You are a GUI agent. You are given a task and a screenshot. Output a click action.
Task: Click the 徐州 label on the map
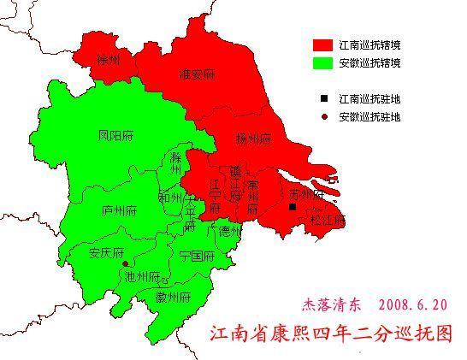[x=108, y=59]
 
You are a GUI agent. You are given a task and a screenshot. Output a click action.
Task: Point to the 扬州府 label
[x=254, y=138]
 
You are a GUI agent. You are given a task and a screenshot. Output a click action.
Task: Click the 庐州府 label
[x=118, y=210]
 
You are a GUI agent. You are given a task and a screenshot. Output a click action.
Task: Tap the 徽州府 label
[x=172, y=297]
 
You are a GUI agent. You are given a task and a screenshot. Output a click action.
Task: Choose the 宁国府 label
[x=196, y=256]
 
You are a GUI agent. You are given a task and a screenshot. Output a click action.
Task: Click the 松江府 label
[x=328, y=220]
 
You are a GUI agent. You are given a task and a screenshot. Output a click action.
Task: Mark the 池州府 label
[x=142, y=276]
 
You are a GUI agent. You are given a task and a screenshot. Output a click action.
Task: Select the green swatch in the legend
[x=322, y=63]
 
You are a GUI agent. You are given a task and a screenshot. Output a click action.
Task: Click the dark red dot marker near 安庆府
[x=126, y=263]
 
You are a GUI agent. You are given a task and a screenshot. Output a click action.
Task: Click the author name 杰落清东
[x=330, y=304]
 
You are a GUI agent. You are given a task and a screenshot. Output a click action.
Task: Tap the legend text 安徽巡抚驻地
[x=369, y=115]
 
